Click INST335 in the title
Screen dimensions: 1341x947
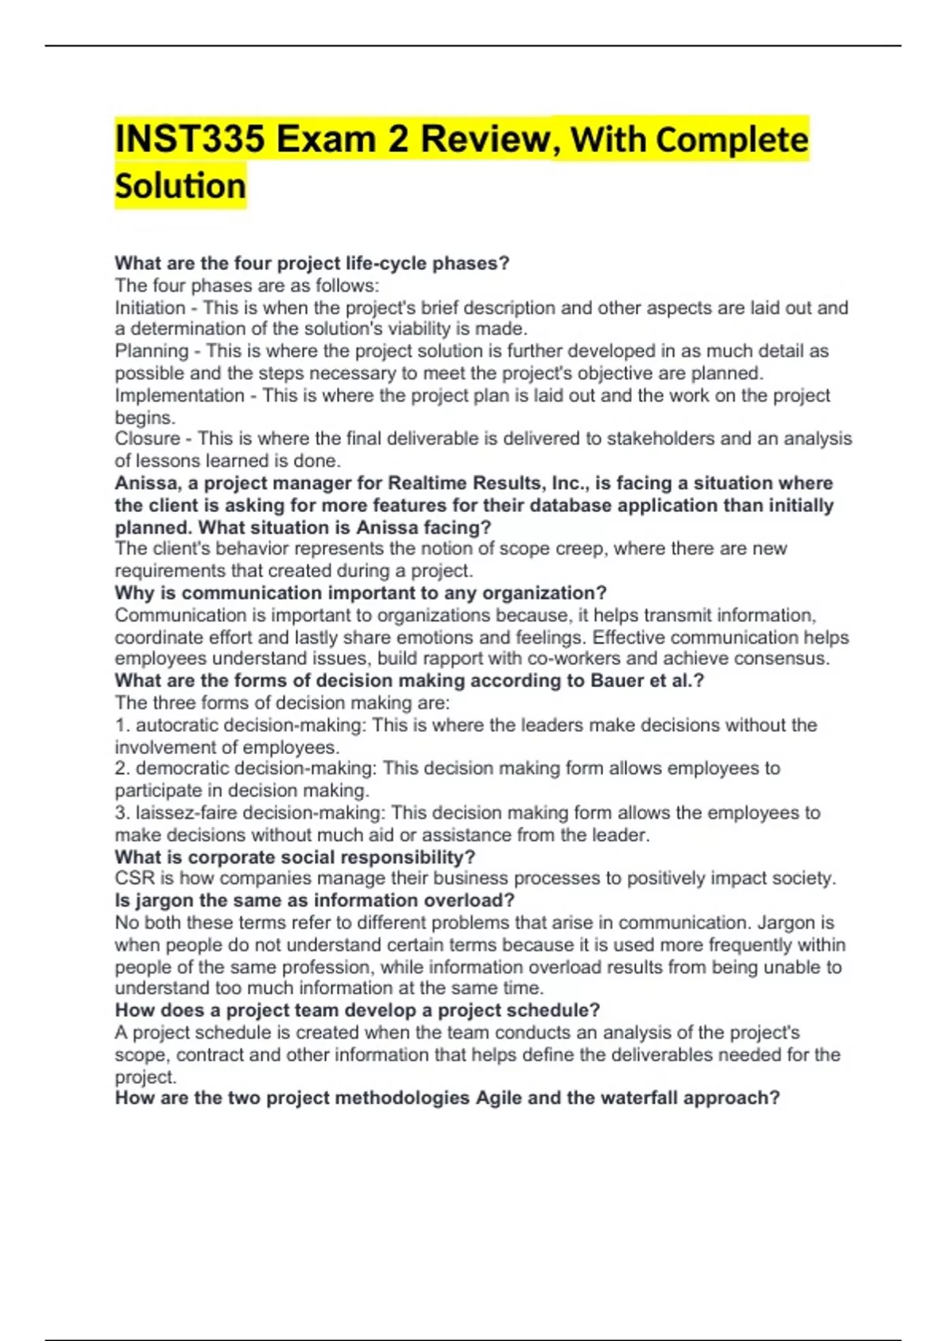point(189,140)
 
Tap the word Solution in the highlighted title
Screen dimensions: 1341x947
point(180,186)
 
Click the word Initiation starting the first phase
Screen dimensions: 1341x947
point(150,308)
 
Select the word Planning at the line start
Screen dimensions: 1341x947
point(152,351)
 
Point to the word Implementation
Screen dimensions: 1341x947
point(179,395)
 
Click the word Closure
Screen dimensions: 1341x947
point(147,439)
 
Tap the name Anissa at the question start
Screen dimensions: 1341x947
point(147,483)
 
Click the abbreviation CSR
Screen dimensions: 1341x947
point(134,879)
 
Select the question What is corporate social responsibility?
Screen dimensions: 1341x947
point(295,857)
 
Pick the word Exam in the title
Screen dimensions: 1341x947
point(325,140)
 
